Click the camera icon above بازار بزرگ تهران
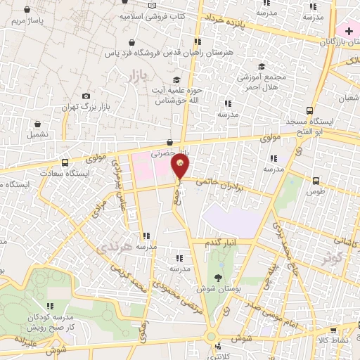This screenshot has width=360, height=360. click(86, 96)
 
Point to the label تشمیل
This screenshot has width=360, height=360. click(38, 132)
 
